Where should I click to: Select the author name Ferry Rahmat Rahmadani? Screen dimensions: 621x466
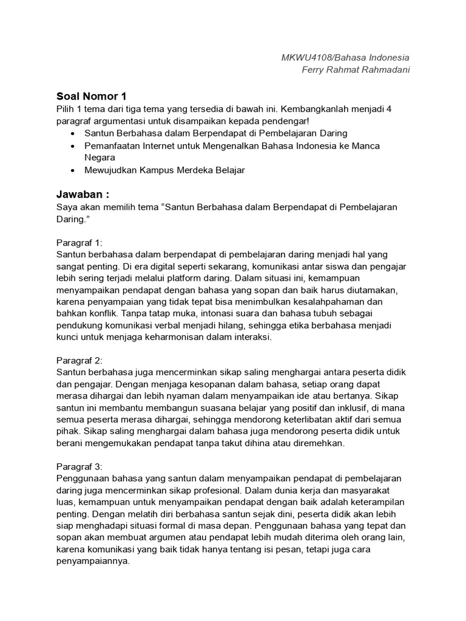[x=356, y=70]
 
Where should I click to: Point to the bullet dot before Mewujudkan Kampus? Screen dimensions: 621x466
[x=73, y=170]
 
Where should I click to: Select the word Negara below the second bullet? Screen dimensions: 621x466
[x=100, y=158]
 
